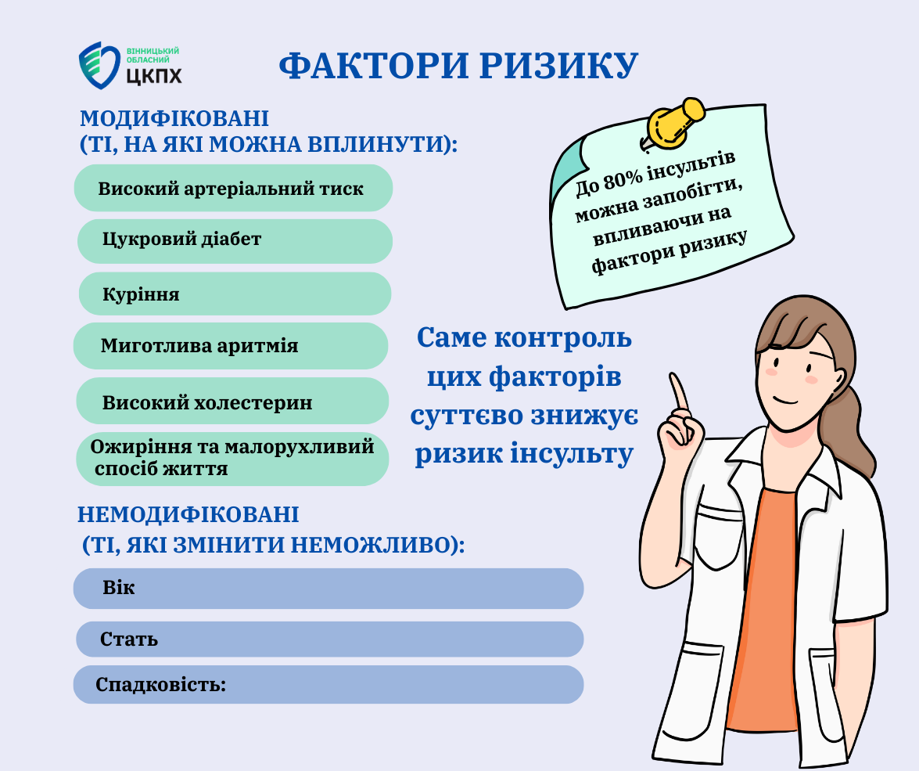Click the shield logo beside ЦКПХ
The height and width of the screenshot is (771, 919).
click(99, 65)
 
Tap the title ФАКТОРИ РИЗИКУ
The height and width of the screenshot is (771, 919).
click(458, 65)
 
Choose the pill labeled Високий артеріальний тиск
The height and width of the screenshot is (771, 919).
click(233, 188)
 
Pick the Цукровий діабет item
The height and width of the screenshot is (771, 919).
click(235, 241)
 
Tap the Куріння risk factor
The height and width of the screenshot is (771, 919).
click(235, 294)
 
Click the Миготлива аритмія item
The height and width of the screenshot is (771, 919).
click(230, 346)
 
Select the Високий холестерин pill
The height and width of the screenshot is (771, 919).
click(232, 401)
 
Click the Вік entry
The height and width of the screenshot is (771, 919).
click(328, 588)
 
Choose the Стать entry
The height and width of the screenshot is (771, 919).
click(329, 639)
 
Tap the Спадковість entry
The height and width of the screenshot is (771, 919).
click(328, 684)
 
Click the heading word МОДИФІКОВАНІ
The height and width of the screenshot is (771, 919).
click(174, 118)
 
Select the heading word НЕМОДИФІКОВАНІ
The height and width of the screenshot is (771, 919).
click(188, 514)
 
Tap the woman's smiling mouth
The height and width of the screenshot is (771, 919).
click(785, 401)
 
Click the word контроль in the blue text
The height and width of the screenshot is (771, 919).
click(563, 338)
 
